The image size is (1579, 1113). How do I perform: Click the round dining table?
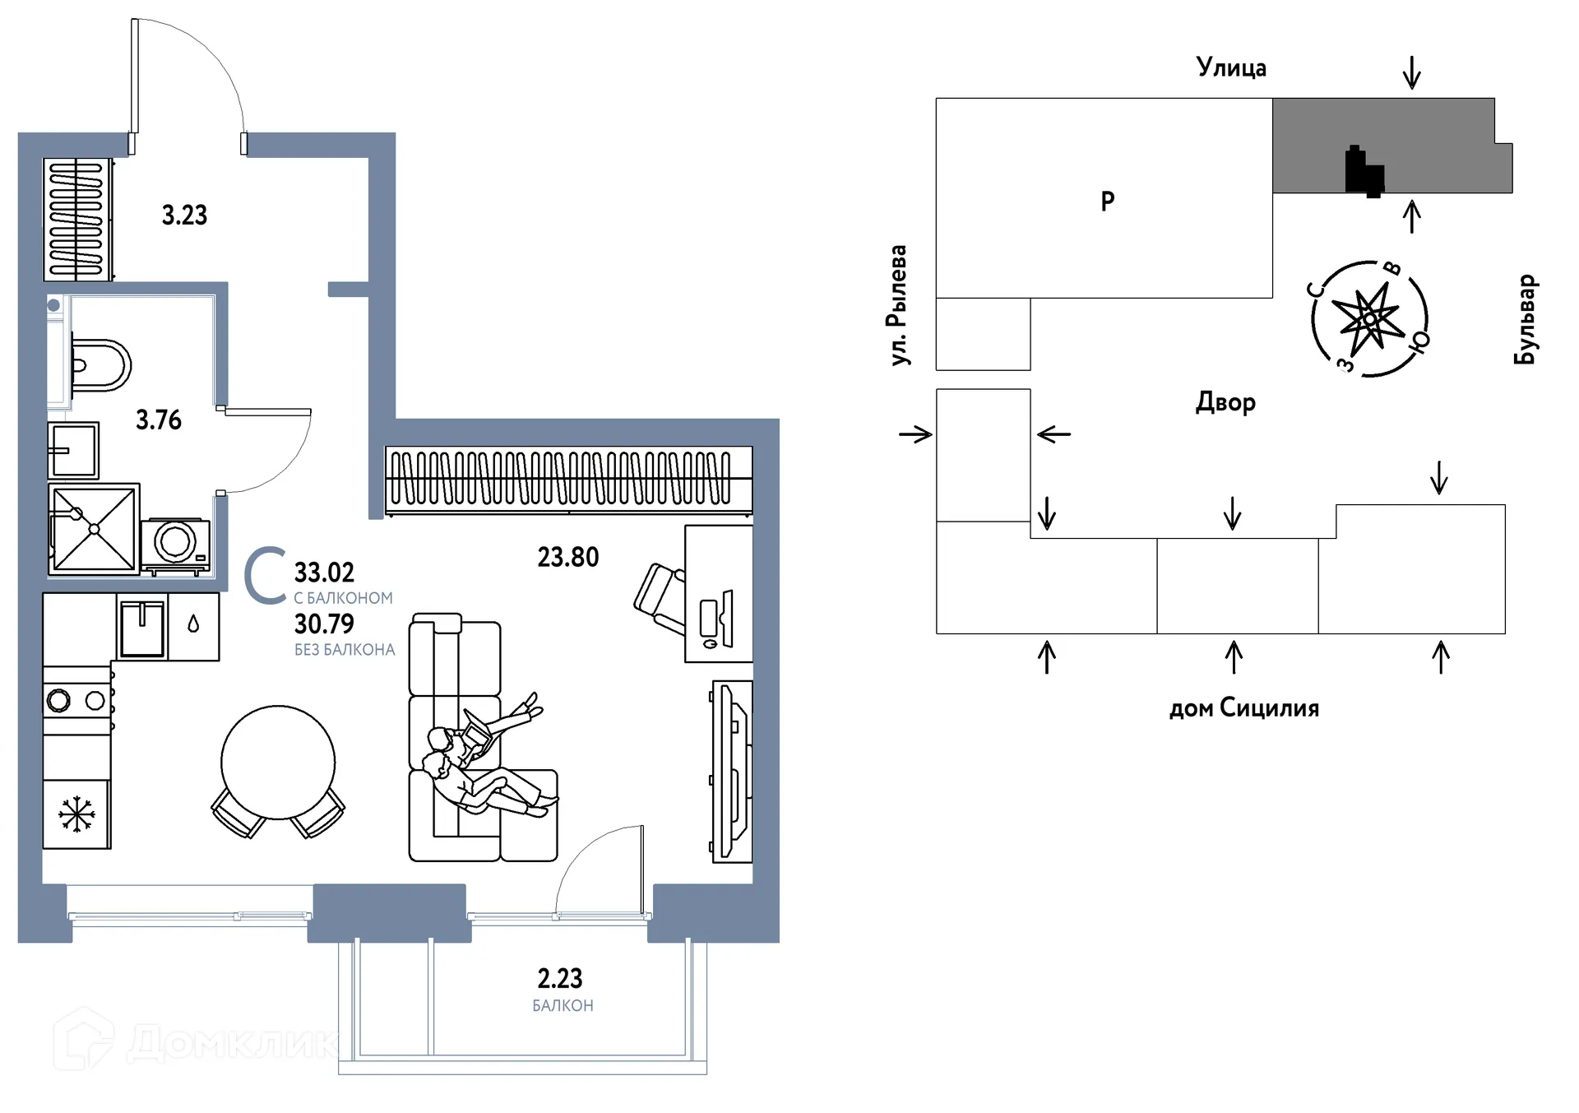coord(278,762)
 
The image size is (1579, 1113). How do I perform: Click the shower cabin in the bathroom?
coord(94,528)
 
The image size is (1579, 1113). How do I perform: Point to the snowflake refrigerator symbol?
coord(76,814)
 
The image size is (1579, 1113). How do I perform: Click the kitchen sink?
coord(142,628)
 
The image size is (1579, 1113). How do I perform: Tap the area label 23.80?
coord(568,557)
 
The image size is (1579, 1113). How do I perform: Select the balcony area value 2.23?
coord(560,978)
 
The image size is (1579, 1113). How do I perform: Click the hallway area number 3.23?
coord(184,216)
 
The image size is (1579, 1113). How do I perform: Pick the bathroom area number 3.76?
coord(159,420)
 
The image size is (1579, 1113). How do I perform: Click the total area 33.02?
coord(324,572)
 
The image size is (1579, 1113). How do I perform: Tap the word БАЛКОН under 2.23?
coord(563,1005)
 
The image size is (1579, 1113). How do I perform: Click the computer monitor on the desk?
coord(717,619)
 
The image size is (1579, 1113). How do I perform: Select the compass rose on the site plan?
coord(1369,318)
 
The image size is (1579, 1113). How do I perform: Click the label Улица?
coord(1231,67)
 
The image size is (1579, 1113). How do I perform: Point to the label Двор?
coord(1225,401)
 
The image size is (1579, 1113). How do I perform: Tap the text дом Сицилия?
coord(1244,707)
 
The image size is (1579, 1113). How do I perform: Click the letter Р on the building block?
coord(1108,201)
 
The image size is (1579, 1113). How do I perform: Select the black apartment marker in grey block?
coord(1364,171)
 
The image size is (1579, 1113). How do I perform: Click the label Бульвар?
coord(1526,319)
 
